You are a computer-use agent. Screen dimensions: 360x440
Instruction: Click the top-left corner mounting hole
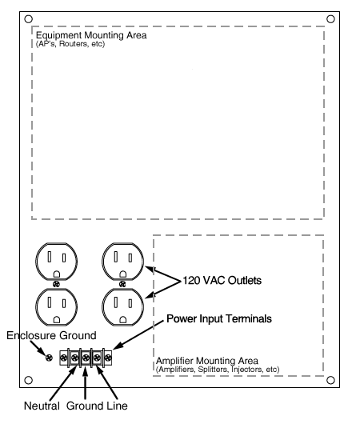28,19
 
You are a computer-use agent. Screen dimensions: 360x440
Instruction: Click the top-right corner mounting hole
331,19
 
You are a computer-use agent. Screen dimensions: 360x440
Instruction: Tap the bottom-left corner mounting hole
28,380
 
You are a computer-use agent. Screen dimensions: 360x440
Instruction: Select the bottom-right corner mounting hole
331,380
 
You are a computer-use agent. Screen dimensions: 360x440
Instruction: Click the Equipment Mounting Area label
91,35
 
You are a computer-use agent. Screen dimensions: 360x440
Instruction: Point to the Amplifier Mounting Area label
206,361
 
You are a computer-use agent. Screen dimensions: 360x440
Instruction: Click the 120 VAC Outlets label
222,280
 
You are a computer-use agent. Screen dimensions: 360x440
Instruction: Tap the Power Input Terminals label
219,318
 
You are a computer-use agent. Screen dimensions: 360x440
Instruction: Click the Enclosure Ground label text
51,336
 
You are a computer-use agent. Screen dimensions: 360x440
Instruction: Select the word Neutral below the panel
42,406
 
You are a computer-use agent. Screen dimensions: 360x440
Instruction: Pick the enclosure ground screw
49,358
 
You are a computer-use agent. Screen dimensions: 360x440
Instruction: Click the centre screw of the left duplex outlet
56,284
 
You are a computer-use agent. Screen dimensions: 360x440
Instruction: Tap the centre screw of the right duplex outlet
122,284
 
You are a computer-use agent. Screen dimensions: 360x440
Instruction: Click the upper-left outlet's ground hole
57,274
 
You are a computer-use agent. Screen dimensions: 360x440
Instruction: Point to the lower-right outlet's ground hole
123,320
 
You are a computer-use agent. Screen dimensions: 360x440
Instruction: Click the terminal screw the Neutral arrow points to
74,358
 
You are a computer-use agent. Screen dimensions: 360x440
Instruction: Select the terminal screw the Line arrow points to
97,358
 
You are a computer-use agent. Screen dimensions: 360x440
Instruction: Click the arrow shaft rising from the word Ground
85,382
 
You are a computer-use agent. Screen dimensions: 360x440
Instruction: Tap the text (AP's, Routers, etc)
70,44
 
